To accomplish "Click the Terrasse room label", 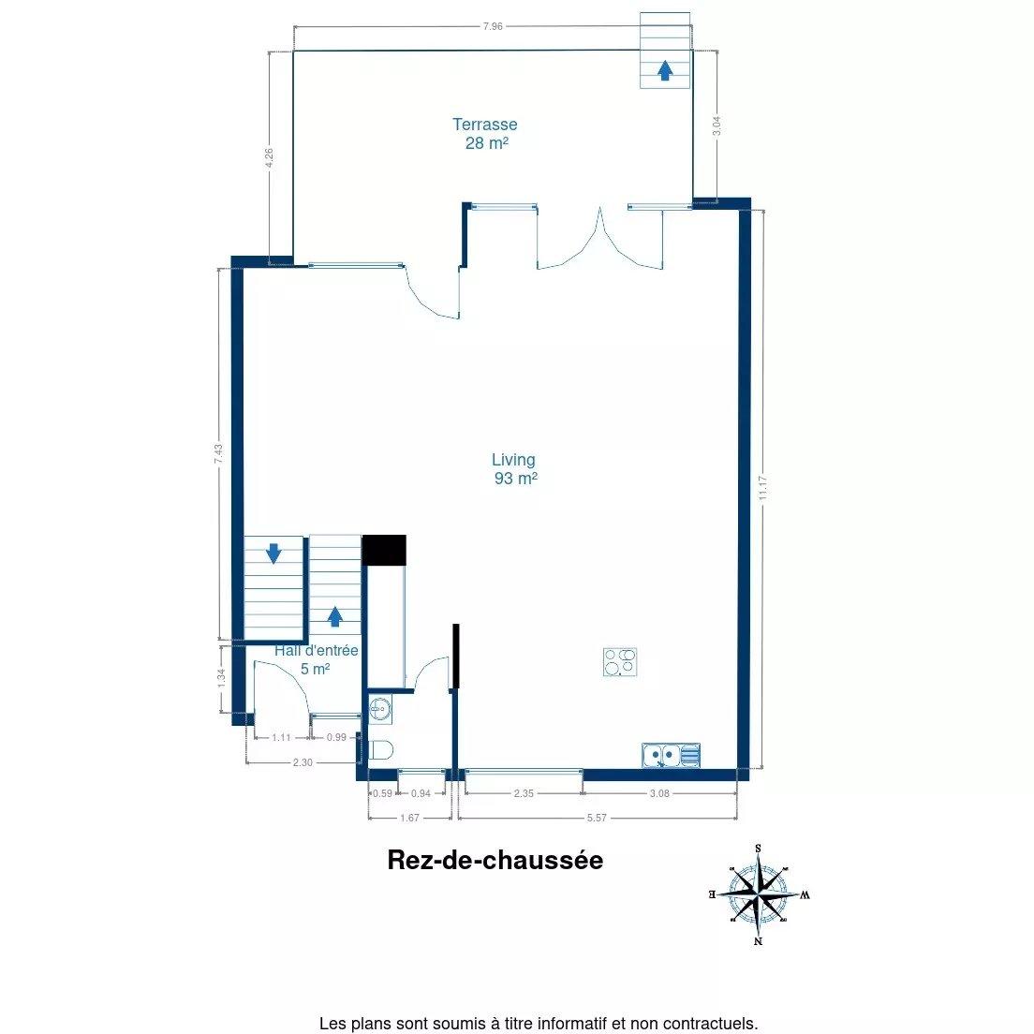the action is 485,133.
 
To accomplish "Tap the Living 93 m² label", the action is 514,469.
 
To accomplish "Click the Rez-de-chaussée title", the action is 495,860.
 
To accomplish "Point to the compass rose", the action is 759,894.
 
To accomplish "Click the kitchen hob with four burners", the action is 620,662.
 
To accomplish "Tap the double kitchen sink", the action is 671,755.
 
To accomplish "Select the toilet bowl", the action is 380,750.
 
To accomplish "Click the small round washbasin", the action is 379,710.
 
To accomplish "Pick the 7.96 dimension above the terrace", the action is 493,26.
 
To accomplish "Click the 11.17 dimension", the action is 763,488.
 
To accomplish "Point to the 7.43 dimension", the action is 219,453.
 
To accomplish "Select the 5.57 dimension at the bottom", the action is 597,818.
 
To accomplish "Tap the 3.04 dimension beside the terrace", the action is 716,126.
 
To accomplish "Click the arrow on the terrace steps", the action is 665,70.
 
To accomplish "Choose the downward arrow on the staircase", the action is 273,554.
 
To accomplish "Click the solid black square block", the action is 384,550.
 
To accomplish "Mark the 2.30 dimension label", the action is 303,762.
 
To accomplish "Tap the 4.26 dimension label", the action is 269,157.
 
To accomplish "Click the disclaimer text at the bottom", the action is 539,1024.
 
